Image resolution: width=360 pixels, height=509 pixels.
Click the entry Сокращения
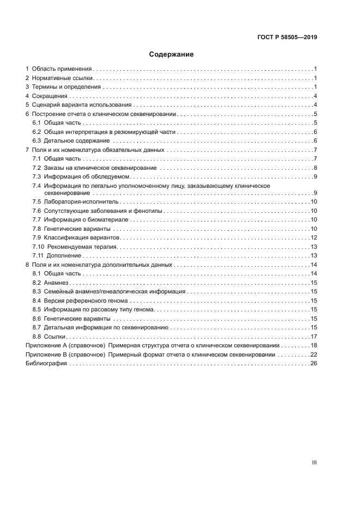pos(50,96)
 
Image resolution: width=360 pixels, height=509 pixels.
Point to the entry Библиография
pos(46,363)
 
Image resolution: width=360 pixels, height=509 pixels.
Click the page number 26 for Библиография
pos(313,363)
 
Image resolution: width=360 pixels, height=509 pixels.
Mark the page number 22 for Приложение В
pos(313,354)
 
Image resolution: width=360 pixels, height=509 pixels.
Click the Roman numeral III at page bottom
pos(314,462)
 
